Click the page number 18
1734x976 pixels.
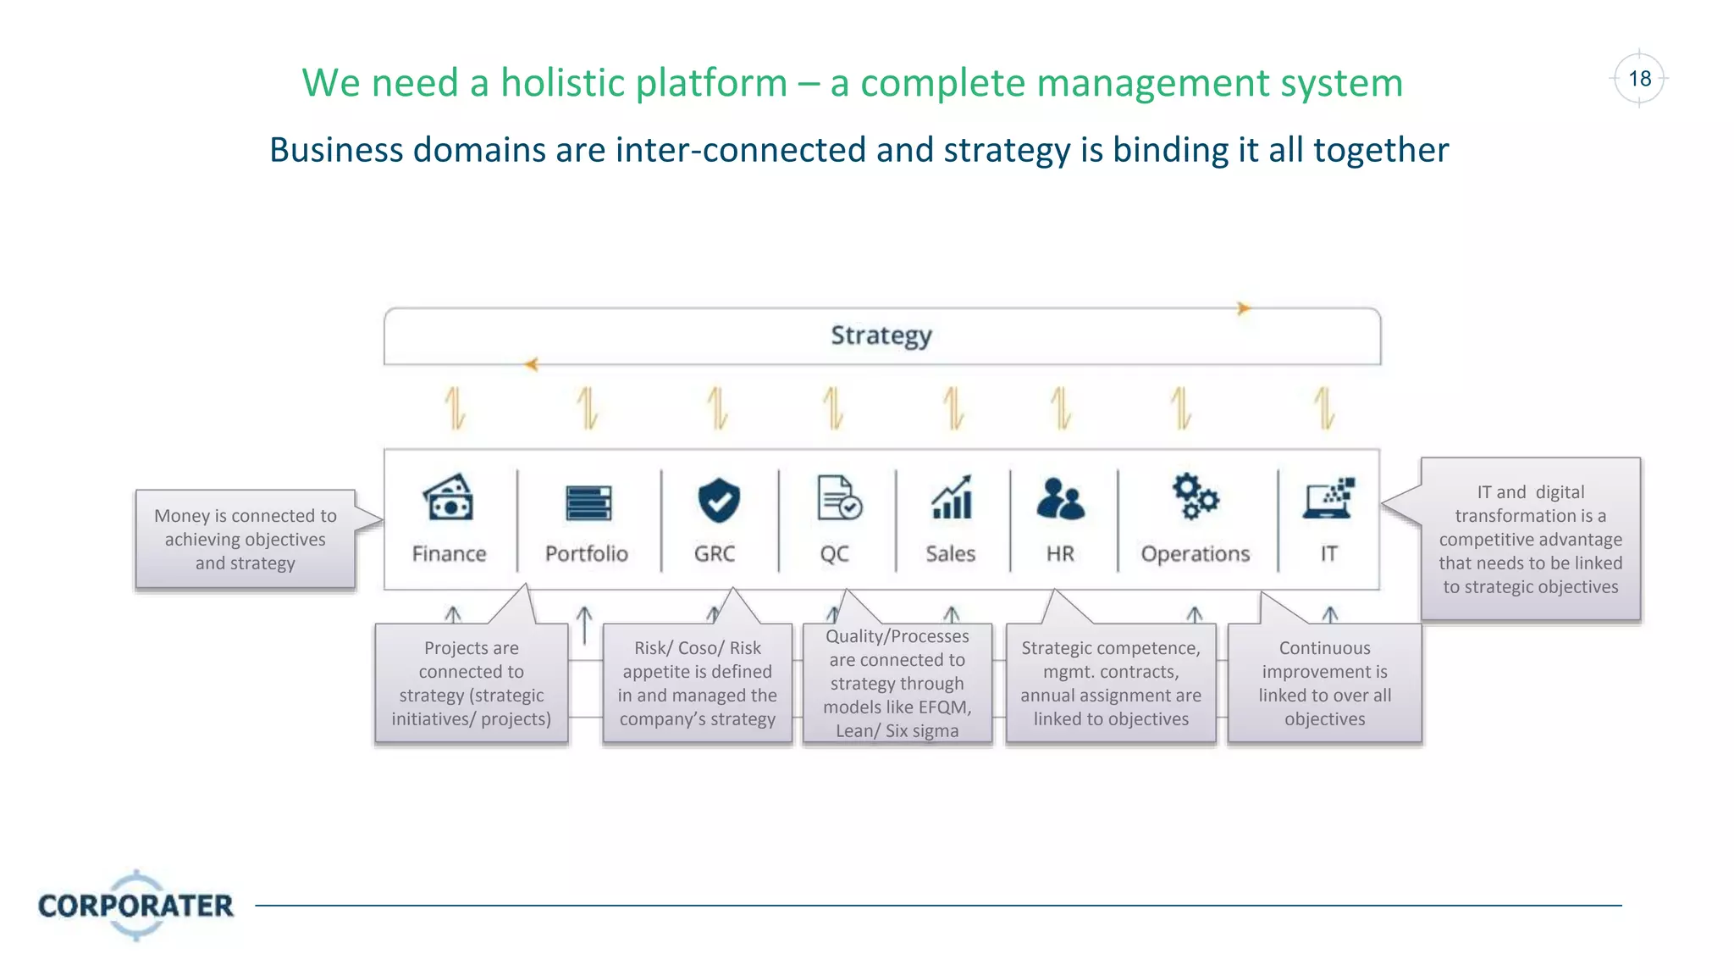point(1639,79)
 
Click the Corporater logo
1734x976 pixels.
point(135,905)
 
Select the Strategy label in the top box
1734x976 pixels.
point(881,335)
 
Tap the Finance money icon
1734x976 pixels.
point(449,497)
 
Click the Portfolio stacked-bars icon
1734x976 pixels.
point(588,502)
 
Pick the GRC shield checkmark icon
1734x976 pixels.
point(718,500)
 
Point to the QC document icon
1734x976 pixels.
point(838,497)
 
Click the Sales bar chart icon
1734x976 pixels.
point(952,497)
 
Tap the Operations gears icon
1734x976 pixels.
point(1195,496)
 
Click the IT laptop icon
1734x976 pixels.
point(1329,498)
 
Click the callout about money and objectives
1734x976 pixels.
point(246,539)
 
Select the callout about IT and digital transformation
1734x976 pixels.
point(1530,539)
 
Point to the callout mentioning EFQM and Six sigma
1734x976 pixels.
point(897,683)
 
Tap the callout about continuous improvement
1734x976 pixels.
point(1324,683)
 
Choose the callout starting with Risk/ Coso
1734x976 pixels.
point(697,683)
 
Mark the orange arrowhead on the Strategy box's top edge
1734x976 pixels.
point(1243,308)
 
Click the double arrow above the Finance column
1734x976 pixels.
point(456,408)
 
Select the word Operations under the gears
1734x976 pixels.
point(1195,554)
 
